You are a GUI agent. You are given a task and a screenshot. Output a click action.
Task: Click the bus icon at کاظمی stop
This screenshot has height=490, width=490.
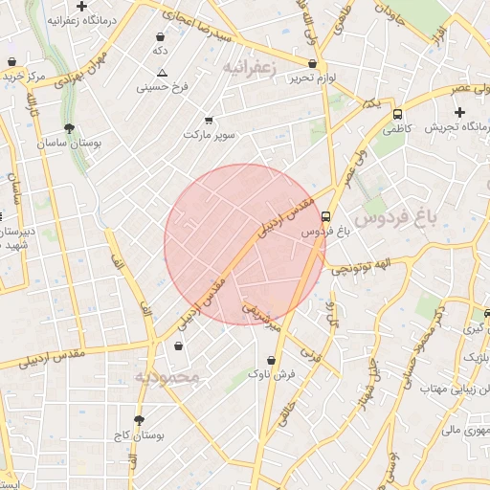(397, 113)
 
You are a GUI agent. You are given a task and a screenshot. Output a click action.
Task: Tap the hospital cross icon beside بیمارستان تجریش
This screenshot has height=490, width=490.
(459, 112)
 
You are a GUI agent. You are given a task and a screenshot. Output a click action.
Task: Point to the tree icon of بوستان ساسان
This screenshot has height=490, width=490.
(68, 128)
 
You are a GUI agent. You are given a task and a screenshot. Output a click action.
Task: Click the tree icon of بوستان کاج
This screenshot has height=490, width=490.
(139, 420)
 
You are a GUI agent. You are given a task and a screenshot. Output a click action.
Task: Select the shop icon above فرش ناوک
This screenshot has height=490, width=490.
(275, 361)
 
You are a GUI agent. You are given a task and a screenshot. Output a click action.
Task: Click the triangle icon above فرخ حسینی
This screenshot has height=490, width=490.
(162, 74)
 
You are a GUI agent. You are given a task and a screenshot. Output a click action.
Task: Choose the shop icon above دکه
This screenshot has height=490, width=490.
(159, 37)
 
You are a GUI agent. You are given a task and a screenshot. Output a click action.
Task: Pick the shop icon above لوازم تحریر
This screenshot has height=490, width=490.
(313, 63)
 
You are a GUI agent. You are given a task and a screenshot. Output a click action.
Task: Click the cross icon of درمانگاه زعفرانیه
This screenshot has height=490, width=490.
(82, 6)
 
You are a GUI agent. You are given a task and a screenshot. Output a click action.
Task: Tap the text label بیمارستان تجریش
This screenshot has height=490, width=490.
(444, 126)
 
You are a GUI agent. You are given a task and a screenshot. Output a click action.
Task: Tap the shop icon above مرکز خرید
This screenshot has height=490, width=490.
(11, 62)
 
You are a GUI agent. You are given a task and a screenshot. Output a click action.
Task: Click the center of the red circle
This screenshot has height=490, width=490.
(245, 245)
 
